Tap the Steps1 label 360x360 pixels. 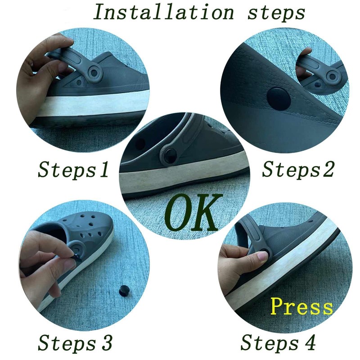tap(73, 170)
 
